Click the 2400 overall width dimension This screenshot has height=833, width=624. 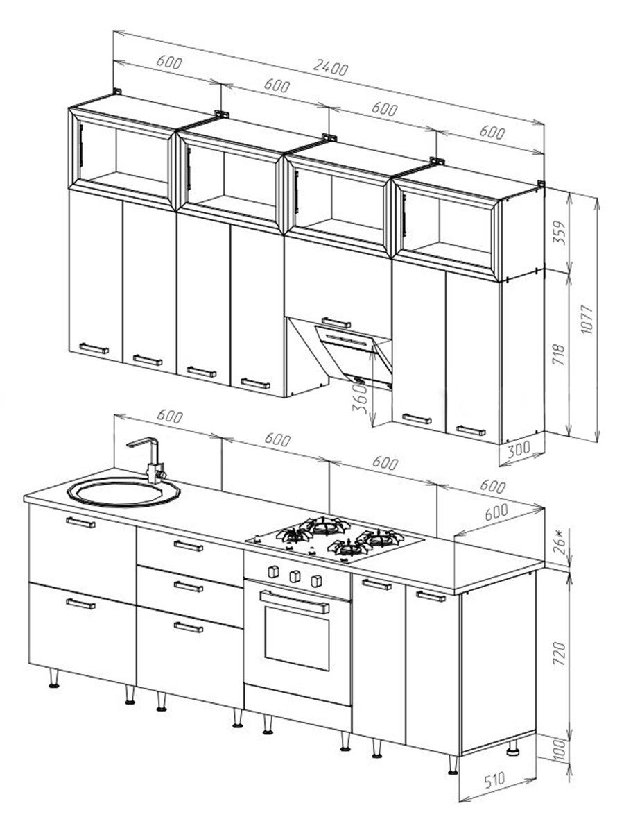pos(329,68)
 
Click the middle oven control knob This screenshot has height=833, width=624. pos(296,575)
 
